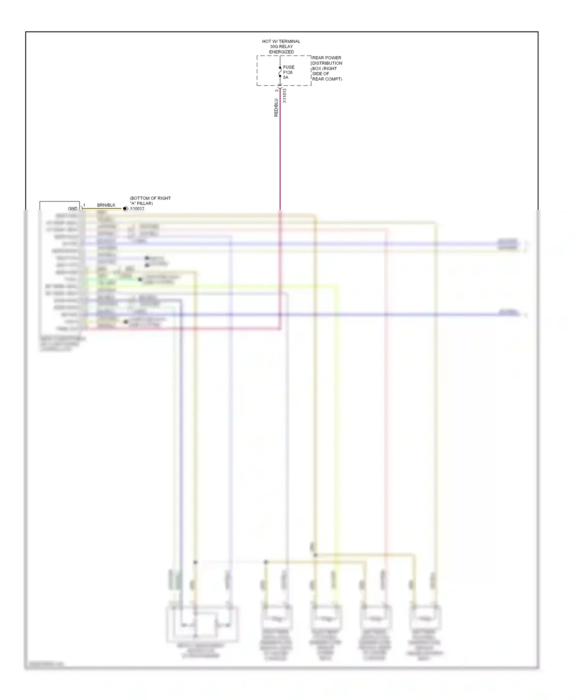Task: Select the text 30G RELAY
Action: [x=281, y=47]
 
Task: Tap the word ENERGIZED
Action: [x=281, y=52]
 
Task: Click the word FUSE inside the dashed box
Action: [x=289, y=67]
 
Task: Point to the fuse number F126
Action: [x=288, y=72]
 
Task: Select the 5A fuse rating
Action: [x=286, y=77]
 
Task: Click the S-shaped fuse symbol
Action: [x=280, y=72]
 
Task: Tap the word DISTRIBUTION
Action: [x=327, y=63]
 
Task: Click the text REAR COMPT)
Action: [x=327, y=79]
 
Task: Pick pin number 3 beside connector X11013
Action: [x=277, y=91]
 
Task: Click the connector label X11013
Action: [x=284, y=96]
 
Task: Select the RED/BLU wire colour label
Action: [x=276, y=108]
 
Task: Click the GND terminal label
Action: [x=73, y=209]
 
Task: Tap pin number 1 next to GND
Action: [x=84, y=206]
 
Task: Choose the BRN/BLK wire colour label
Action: [x=106, y=205]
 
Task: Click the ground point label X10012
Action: [x=137, y=209]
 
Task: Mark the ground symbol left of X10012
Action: [x=125, y=209]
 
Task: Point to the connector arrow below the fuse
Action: [x=280, y=86]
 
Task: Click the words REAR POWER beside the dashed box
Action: [x=326, y=58]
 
